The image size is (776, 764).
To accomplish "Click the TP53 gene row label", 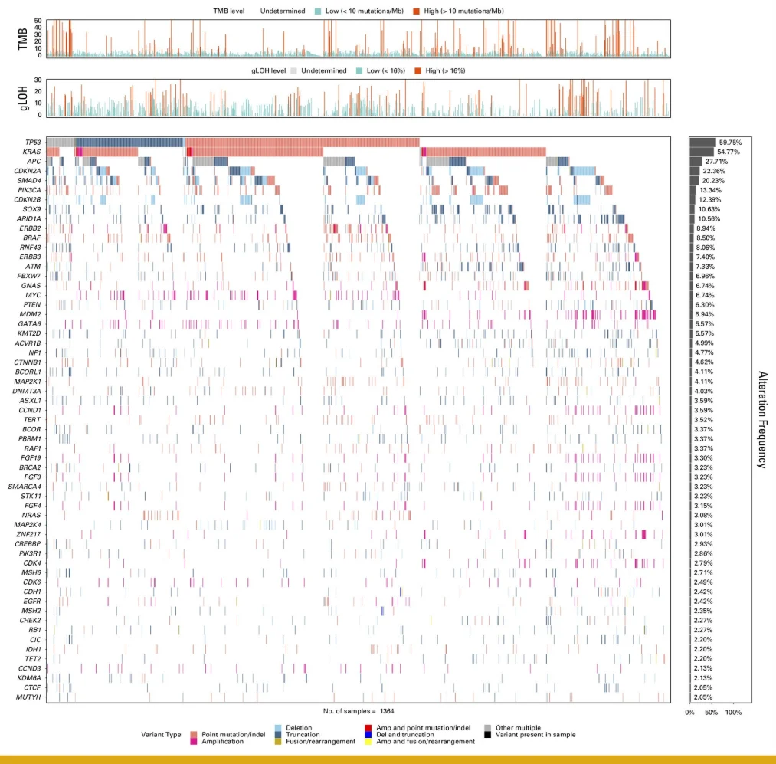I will [32, 143].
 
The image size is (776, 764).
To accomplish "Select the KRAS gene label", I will [31, 152].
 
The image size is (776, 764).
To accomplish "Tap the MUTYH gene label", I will [30, 697].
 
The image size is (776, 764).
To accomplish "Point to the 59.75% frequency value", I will [730, 143].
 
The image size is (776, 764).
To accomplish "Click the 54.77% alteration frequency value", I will [730, 152].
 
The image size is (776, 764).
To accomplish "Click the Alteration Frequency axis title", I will [762, 419].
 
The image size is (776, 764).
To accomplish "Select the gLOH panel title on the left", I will [24, 97].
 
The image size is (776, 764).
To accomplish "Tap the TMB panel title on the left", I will [24, 38].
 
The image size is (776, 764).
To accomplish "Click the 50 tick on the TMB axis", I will [38, 20].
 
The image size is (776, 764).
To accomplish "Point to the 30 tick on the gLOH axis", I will [38, 80].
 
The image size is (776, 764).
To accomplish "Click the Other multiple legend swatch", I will [488, 727].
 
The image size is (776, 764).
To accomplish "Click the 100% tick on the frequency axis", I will [733, 713].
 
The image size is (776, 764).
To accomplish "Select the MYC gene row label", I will [32, 295].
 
